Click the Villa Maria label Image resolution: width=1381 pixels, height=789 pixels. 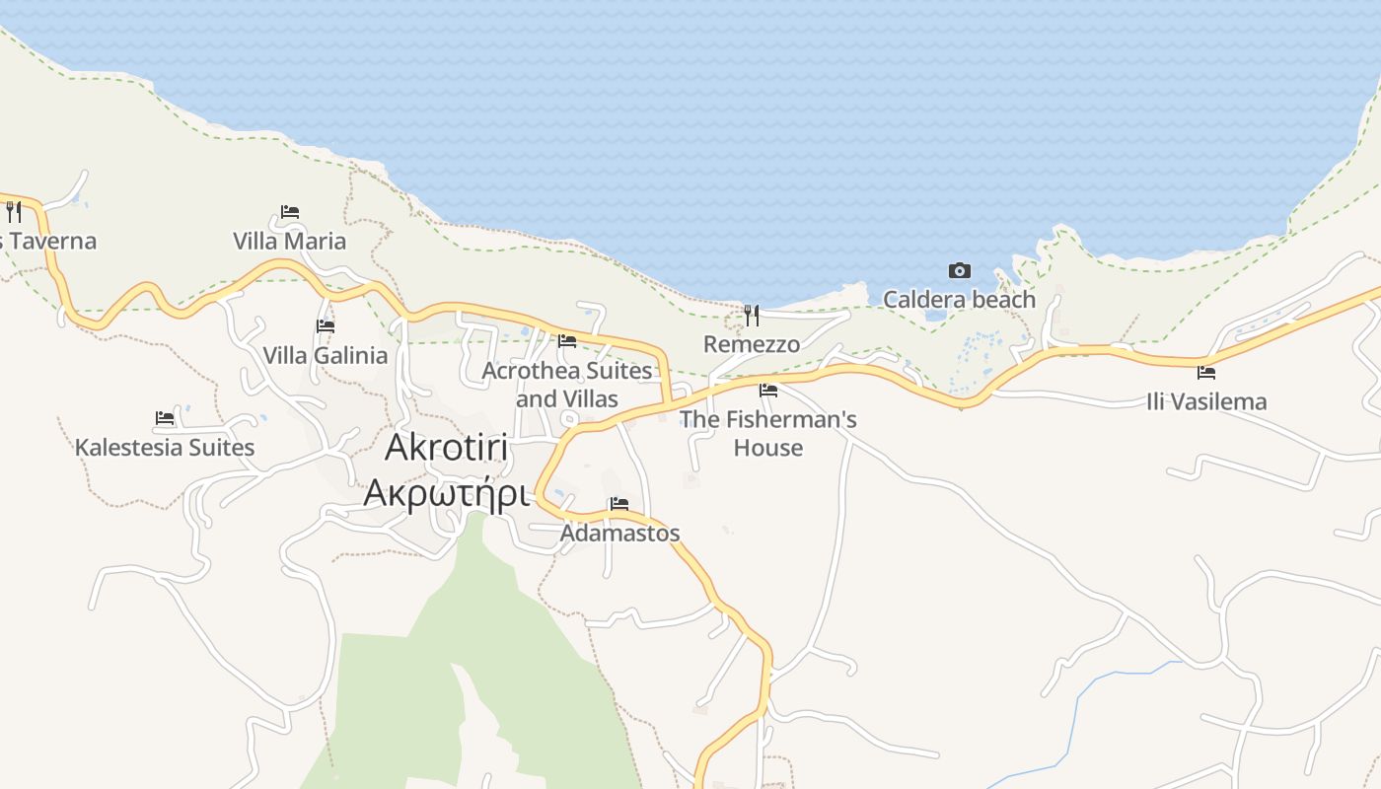pos(289,242)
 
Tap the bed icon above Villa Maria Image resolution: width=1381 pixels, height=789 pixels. pos(289,212)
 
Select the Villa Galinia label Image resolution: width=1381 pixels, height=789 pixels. pos(325,356)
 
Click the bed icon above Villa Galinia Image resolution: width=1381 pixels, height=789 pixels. pos(325,326)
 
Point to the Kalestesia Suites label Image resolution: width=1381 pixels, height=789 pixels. pos(165,448)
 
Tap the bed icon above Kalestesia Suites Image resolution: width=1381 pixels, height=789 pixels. pos(165,418)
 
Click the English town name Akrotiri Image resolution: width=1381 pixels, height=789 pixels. pos(446,448)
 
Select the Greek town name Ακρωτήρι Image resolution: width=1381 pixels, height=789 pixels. pos(446,493)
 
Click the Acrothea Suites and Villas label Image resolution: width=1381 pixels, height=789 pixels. pos(567,385)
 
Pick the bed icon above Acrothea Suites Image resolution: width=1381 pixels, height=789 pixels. pos(567,341)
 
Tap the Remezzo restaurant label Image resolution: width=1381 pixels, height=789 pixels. pos(752,345)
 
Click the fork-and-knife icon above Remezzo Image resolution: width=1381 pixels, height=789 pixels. pos(752,316)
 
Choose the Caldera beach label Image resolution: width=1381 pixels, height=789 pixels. pos(959,300)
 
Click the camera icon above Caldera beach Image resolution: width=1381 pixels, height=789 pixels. pos(959,271)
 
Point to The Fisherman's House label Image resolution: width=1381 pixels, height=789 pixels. pos(768,433)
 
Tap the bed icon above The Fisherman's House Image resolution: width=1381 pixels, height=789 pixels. pos(768,391)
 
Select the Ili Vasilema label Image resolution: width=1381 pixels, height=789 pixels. pos(1206,402)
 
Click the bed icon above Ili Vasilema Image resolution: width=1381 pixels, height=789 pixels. pos(1206,373)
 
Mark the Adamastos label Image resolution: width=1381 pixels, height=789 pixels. pos(619,534)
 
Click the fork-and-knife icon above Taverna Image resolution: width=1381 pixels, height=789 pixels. pos(13,211)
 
